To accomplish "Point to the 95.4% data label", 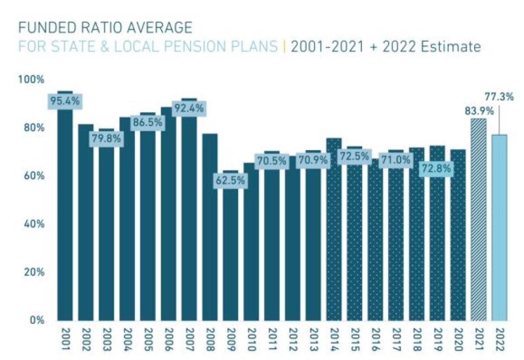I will click(x=65, y=101).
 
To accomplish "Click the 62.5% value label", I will click(x=231, y=180).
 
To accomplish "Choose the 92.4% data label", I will click(x=189, y=108).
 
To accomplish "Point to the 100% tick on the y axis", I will click(x=31, y=80).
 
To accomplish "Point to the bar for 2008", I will click(x=210, y=227).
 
